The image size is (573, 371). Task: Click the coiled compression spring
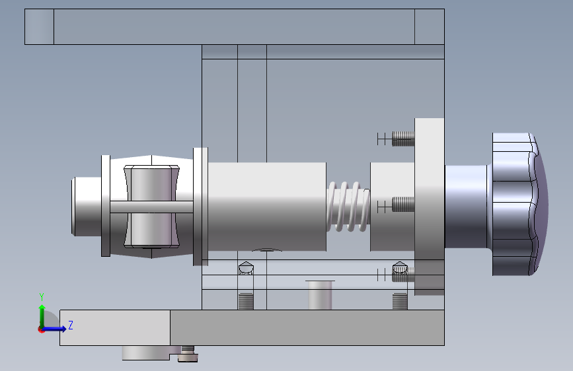[348, 207]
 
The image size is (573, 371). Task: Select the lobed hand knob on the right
[519, 204]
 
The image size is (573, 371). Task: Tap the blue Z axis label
[71, 325]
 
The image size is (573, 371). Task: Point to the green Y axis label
[42, 296]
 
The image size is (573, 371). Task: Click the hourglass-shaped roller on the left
[151, 207]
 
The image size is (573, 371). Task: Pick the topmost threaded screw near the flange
[403, 139]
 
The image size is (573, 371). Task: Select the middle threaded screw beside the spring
[403, 205]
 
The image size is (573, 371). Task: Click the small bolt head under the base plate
[188, 354]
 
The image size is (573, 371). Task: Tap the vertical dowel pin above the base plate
[320, 295]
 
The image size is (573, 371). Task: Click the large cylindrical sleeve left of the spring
[267, 207]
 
